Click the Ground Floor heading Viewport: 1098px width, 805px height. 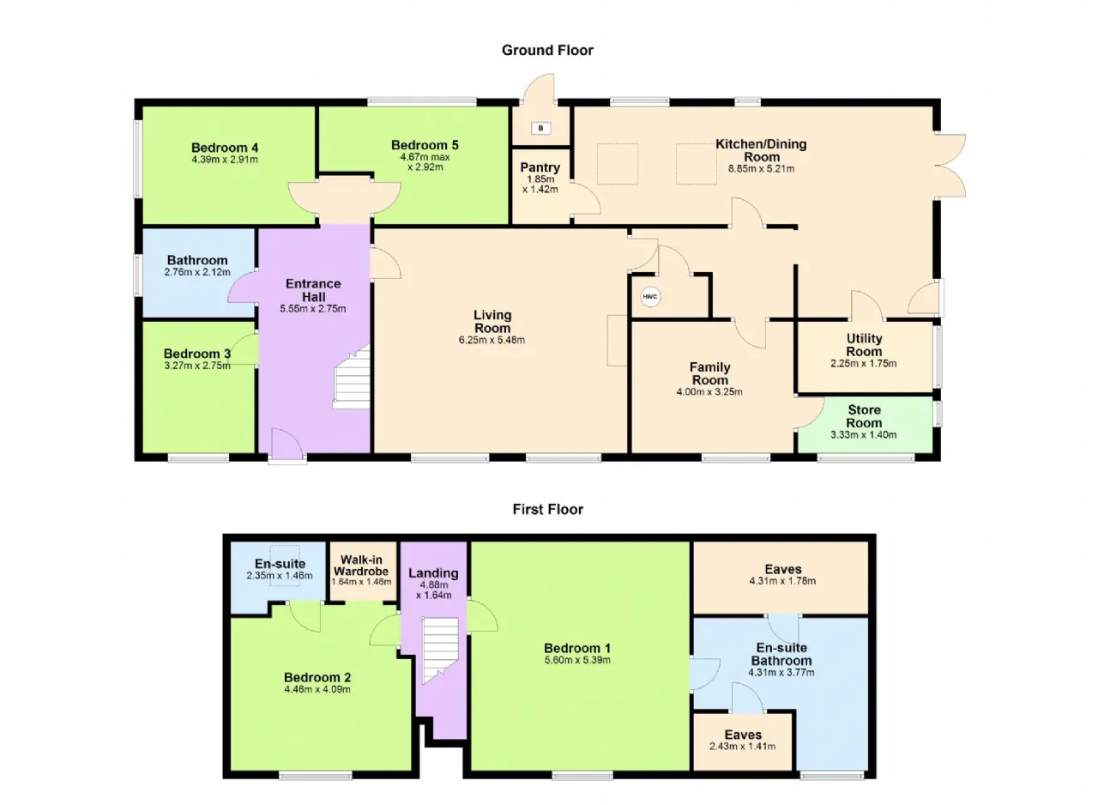(x=547, y=50)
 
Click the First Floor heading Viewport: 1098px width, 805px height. (x=548, y=510)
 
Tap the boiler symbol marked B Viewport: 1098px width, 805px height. (x=541, y=128)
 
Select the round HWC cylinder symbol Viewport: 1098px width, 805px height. (x=650, y=297)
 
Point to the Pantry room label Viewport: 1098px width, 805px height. (x=540, y=167)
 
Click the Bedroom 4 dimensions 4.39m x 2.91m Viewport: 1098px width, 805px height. (x=225, y=160)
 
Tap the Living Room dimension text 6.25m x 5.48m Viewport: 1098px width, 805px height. (x=492, y=340)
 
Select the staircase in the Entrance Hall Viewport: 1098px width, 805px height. (x=352, y=377)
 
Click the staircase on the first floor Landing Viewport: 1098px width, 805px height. (x=441, y=650)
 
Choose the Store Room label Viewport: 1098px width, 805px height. (x=864, y=416)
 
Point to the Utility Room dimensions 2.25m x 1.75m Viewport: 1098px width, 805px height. (x=864, y=364)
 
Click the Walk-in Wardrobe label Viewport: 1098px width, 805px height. (x=361, y=566)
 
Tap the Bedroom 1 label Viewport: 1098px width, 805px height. (x=577, y=648)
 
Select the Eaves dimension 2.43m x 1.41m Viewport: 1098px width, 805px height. (x=743, y=747)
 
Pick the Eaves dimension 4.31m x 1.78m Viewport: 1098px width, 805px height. (x=783, y=582)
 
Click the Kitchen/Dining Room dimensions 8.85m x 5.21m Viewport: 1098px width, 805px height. (x=761, y=169)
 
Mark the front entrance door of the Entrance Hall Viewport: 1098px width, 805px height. (x=287, y=445)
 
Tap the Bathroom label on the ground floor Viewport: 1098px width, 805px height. (x=197, y=260)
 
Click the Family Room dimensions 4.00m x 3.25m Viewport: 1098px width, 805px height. (x=709, y=392)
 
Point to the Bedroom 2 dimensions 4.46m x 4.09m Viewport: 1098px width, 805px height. (x=317, y=690)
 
